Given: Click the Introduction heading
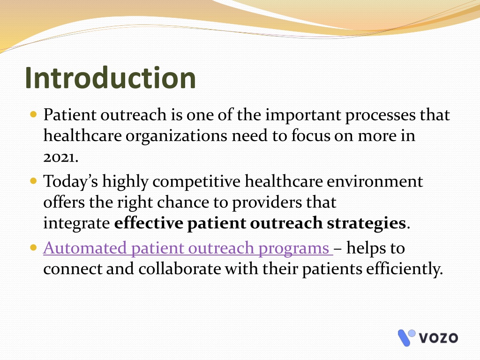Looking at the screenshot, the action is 110,78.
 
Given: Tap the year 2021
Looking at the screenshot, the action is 60,157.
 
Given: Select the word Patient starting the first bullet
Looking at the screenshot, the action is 70,115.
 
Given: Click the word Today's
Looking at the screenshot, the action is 71,182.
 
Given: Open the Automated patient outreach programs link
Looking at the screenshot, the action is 188,248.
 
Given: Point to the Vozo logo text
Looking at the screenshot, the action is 438,338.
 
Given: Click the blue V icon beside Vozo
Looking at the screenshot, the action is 406,337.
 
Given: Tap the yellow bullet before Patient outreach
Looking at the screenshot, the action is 34,115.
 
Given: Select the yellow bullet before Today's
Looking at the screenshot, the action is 34,181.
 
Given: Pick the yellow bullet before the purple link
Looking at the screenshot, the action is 34,247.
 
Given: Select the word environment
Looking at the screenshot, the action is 375,181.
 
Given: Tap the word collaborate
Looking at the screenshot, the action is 180,269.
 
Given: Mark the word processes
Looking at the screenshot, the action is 380,116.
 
